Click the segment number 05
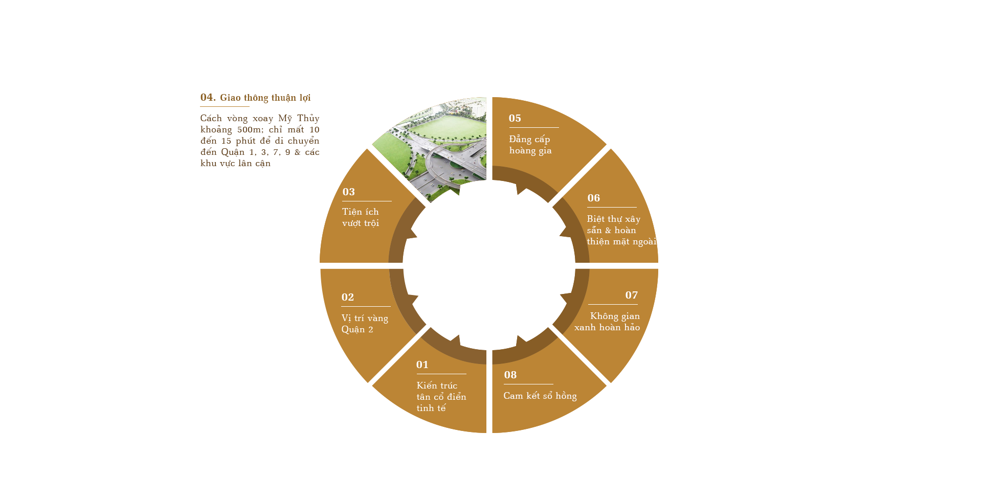coord(515,119)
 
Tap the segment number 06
coord(593,198)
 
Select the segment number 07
coord(631,295)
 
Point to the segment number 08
coord(510,375)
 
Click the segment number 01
coord(422,365)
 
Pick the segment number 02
coord(347,298)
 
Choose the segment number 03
coord(348,192)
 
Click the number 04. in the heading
coord(208,98)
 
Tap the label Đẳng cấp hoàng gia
coord(530,145)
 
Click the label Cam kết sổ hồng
coord(540,396)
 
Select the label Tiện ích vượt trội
coord(360,217)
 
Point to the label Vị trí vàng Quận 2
coord(364,324)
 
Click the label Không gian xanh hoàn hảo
coord(607,322)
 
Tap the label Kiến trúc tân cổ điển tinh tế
coord(440,397)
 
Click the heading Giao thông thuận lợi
coord(265,98)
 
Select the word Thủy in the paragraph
coord(308,119)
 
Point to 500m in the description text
coord(250,130)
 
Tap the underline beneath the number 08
coord(528,384)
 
